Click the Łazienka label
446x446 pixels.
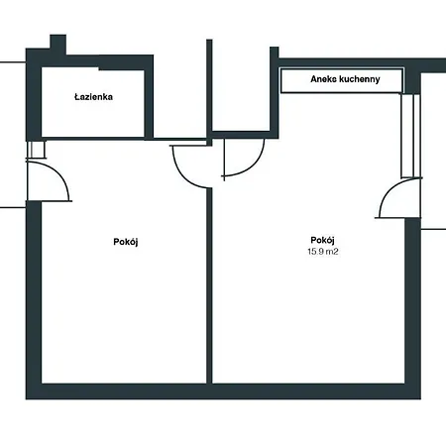coord(93,97)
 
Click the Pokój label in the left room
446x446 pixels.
coord(126,242)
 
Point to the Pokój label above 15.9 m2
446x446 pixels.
coord(323,240)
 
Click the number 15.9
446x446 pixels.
coord(315,252)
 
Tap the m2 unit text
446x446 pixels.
coord(332,252)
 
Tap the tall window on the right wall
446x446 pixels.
coord(410,136)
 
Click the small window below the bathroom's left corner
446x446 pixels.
coord(36,150)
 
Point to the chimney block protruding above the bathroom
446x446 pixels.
coord(58,42)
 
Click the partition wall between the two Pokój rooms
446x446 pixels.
coord(209,286)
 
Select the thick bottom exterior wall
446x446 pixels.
coord(223,391)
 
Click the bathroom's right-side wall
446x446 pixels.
coord(149,97)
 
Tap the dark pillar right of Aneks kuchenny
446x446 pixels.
coord(412,81)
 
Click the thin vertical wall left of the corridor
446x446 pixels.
coord(209,92)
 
